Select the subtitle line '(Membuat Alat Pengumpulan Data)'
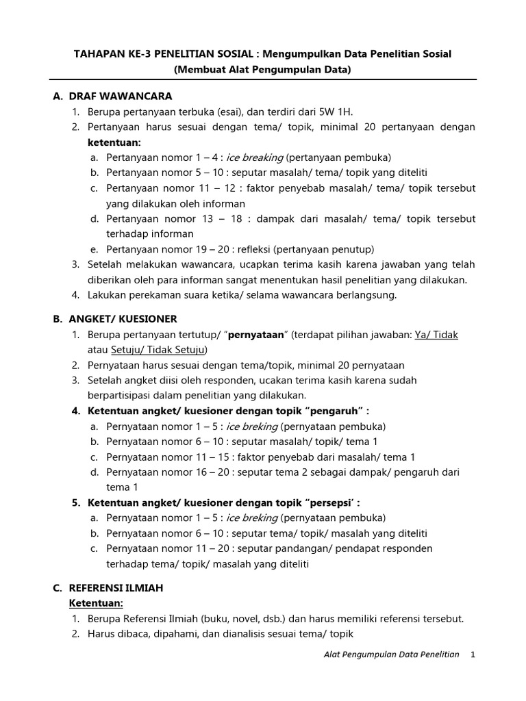(262, 69)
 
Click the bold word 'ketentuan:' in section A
(114, 142)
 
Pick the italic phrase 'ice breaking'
(255, 157)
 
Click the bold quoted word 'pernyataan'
(255, 335)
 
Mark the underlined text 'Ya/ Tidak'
(435, 335)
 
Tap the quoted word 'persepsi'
(334, 502)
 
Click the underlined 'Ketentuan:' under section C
(95, 603)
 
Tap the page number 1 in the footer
(473, 654)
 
